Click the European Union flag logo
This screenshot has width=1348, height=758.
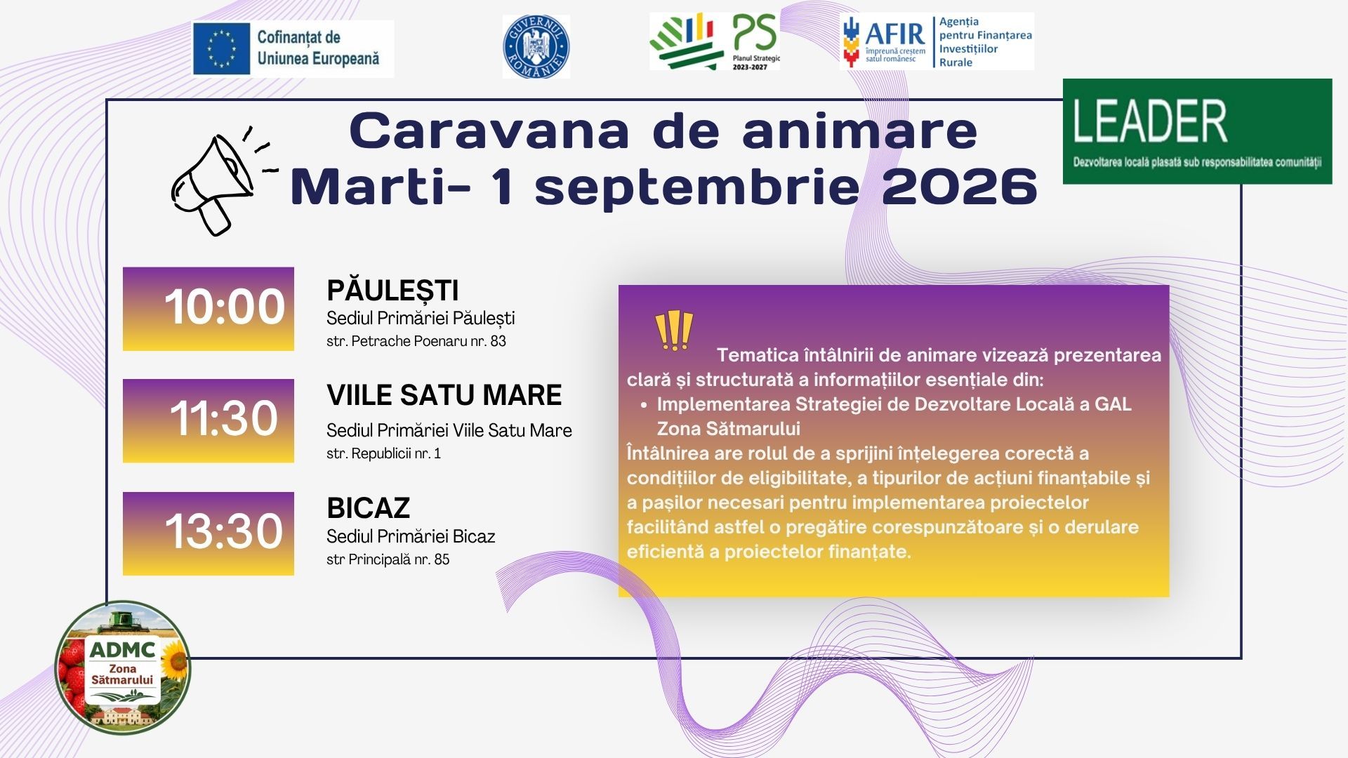click(x=222, y=48)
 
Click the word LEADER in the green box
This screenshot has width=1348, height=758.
click(x=1150, y=121)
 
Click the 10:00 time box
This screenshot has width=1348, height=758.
click(x=209, y=309)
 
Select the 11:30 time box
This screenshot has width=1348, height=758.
click(x=209, y=421)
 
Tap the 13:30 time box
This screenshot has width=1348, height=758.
click(x=209, y=533)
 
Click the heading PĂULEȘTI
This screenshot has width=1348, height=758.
click(x=392, y=291)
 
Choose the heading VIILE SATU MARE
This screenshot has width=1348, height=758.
click(x=444, y=395)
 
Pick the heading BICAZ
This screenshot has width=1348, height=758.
click(x=368, y=508)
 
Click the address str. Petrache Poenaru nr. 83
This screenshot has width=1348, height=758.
click(x=416, y=341)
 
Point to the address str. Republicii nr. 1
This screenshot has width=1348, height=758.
click(x=383, y=453)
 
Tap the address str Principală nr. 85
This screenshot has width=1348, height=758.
click(x=388, y=559)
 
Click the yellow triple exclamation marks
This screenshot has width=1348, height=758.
click(x=674, y=331)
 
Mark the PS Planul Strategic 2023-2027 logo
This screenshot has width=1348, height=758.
click(x=715, y=41)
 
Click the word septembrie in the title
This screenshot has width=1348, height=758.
click(x=697, y=188)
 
